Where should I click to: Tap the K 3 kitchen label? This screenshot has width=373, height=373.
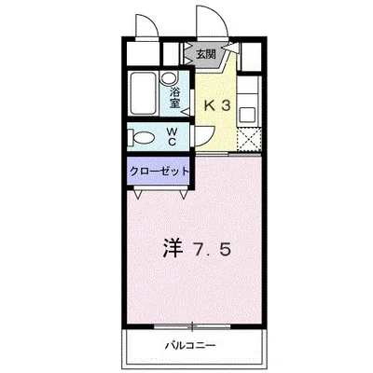pyautogui.click(x=219, y=105)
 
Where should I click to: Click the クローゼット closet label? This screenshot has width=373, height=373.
pyautogui.click(x=159, y=173)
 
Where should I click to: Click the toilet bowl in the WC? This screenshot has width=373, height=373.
pyautogui.click(x=142, y=138)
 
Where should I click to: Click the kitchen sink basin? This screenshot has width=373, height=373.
pyautogui.click(x=249, y=117)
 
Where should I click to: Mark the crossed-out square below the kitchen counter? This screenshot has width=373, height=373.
pyautogui.click(x=249, y=141)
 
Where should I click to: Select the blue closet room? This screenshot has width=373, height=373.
pyautogui.click(x=159, y=173)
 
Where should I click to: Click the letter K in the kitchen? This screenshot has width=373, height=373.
pyautogui.click(x=210, y=105)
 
